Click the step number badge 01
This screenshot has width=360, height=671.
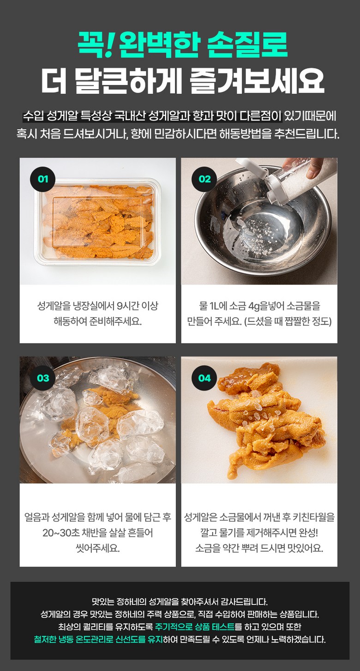point(43,179)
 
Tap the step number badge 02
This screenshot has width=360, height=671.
point(204,179)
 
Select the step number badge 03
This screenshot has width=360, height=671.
point(43,378)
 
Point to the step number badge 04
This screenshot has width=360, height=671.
point(204,378)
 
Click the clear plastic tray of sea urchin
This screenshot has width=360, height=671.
point(98,222)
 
